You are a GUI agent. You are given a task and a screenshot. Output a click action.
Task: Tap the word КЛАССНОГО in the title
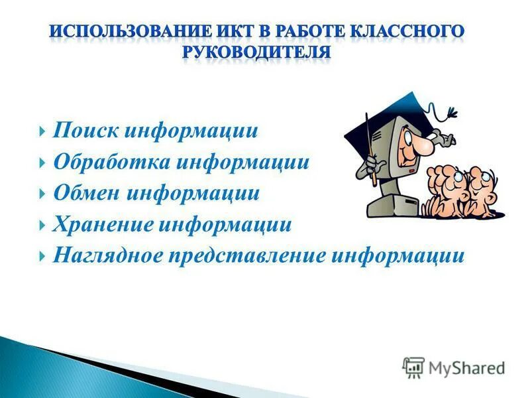click(405, 31)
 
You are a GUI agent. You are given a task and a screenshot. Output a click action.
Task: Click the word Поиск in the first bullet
click(85, 131)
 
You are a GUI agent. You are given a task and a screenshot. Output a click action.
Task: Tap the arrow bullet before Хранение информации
click(43, 226)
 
